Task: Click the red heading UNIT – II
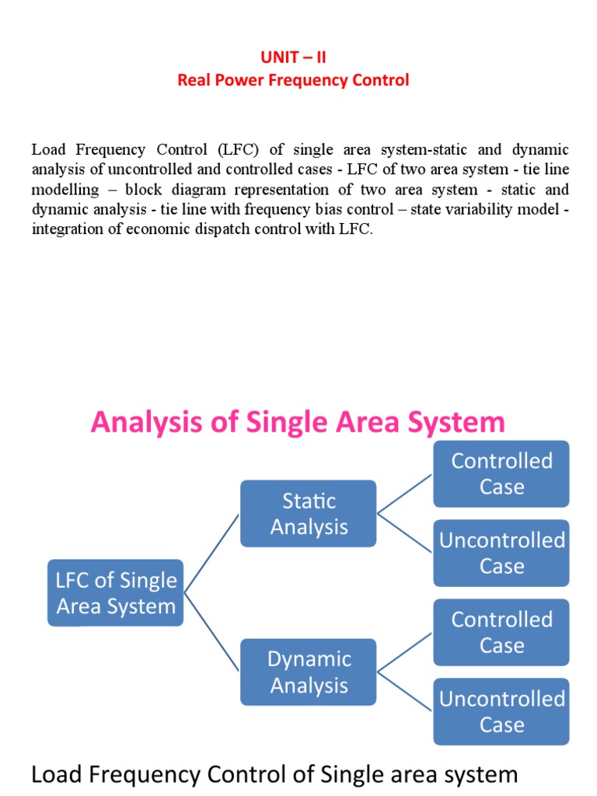pyautogui.click(x=293, y=58)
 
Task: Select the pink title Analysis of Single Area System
pyautogui.click(x=298, y=423)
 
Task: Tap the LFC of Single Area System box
pyautogui.click(x=116, y=593)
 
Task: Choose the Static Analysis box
pyautogui.click(x=309, y=514)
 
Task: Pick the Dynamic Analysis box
pyautogui.click(x=309, y=672)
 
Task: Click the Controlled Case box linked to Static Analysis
pyautogui.click(x=501, y=473)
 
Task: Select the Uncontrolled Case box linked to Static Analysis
pyautogui.click(x=501, y=553)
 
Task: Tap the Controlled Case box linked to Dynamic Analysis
pyautogui.click(x=501, y=632)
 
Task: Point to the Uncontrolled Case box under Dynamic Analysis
pyautogui.click(x=501, y=711)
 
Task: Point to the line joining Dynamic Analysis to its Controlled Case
pyautogui.click(x=405, y=651)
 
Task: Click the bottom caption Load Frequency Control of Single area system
pyautogui.click(x=274, y=774)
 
